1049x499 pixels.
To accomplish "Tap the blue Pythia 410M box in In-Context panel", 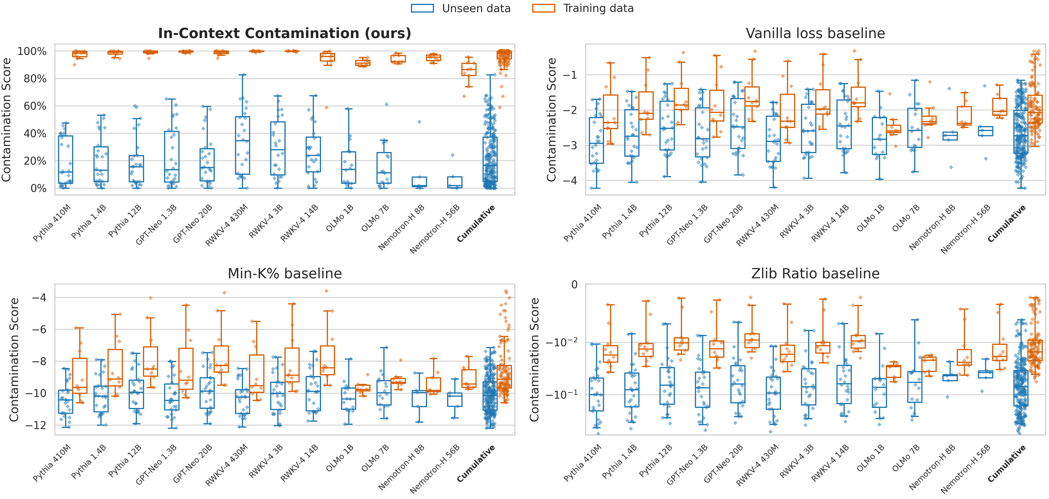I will coord(66,159).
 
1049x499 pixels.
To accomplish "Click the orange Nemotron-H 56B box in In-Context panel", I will coord(469,69).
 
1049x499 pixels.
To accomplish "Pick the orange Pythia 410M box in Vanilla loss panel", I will coord(610,112).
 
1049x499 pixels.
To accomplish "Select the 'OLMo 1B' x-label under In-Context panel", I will coord(340,218).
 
